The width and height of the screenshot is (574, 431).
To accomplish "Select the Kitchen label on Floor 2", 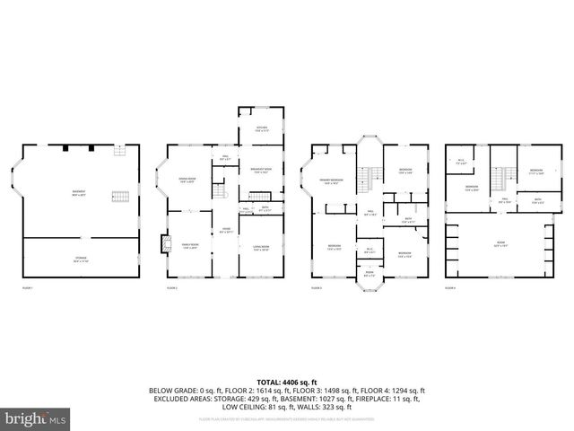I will click(262, 129).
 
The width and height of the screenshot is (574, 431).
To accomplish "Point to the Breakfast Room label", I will click(262, 171).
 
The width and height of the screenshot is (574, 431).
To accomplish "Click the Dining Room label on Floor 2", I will click(188, 180).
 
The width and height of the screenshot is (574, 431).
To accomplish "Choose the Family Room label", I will click(189, 245).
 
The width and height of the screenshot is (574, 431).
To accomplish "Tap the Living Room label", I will click(262, 248).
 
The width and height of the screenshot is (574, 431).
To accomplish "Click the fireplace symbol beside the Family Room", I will click(162, 242).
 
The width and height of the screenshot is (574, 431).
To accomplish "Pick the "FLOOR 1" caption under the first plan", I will click(27, 288).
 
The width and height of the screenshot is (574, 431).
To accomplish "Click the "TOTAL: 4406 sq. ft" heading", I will click(286, 382).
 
